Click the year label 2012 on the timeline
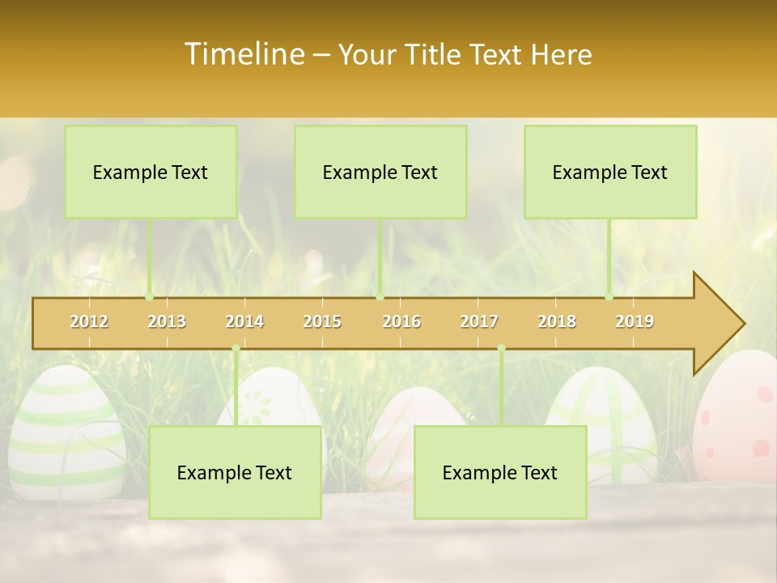pos(89,321)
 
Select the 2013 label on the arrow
pos(167,321)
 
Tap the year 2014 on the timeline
pos(244,321)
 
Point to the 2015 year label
pos(322,321)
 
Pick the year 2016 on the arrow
pos(401,321)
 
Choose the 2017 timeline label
pos(479,321)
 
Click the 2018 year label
pos(557,321)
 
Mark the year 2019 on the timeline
pos(635,321)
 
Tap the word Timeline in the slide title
pos(244,54)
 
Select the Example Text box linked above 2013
pos(151,172)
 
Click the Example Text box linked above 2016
pos(380,172)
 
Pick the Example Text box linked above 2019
pos(610,172)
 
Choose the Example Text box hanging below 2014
pos(235,472)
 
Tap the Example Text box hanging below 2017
pos(500,472)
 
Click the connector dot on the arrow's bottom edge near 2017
pos(501,348)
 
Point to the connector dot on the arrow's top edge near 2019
pos(609,297)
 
